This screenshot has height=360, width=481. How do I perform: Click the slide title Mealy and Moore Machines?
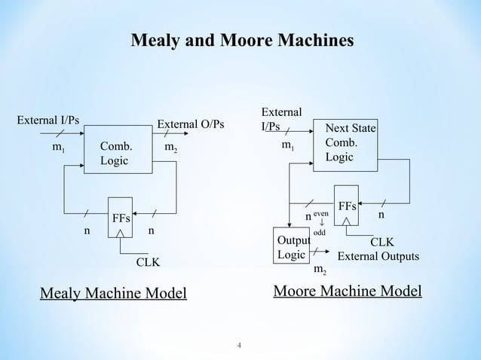pos(241,39)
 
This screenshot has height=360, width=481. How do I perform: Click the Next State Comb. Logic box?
pos(350,142)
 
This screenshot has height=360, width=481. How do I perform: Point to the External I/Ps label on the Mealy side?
pos(49,119)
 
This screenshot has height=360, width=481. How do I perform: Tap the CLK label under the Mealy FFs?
pos(147,264)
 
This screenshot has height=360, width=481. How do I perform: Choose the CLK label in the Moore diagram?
pos(381,243)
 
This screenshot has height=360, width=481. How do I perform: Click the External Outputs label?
pos(378,257)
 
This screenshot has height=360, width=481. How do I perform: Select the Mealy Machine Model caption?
pos(113,292)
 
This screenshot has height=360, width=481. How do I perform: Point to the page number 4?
pos(239,346)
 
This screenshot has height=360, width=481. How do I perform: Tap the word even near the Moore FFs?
pos(321,214)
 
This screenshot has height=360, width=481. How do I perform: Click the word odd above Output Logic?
pos(320,232)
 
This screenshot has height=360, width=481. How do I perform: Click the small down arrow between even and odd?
pos(320,223)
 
